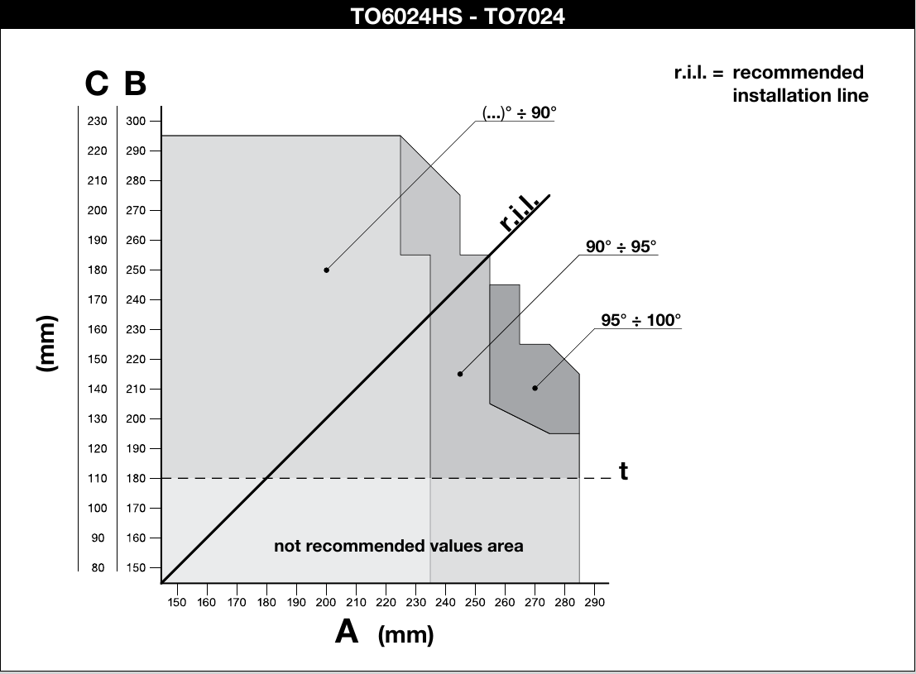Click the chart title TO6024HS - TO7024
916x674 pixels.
coord(458,16)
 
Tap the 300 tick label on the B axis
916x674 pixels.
coord(136,121)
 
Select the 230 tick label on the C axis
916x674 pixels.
coord(97,121)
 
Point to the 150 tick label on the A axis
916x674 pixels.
coord(176,602)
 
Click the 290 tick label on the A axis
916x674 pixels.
coord(595,602)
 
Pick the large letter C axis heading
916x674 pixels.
coord(96,83)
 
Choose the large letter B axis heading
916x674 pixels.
coord(135,83)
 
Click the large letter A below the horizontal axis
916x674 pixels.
coord(347,631)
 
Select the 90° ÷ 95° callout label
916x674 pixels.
coord(621,246)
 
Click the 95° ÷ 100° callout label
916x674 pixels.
coord(640,320)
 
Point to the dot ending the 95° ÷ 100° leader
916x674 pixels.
coord(535,388)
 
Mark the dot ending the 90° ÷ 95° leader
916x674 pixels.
coord(460,374)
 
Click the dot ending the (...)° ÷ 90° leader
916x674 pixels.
coord(326,270)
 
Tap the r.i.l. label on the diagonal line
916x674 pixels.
coord(519,213)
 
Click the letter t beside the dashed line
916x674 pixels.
coord(623,471)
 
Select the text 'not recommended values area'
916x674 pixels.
coord(398,546)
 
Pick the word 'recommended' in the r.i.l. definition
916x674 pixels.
coord(798,73)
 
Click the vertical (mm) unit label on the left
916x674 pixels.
coord(47,343)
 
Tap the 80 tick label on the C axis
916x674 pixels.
coord(98,567)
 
